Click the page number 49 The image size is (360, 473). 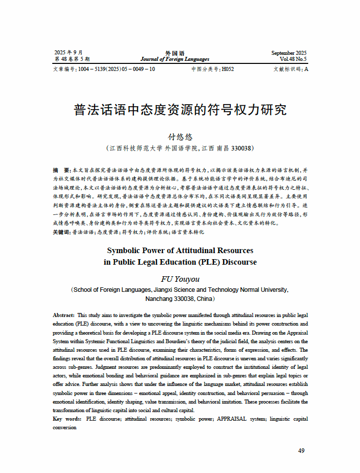pyautogui.click(x=301, y=450)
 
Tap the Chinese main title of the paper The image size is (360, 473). pyautogui.click(x=180, y=110)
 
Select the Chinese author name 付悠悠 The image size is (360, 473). pyautogui.click(x=180, y=137)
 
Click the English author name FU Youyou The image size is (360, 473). pyautogui.click(x=180, y=279)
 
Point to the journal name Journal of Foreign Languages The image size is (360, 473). pyautogui.click(x=175, y=59)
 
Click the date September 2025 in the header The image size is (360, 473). pyautogui.click(x=289, y=53)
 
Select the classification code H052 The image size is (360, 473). pyautogui.click(x=228, y=69)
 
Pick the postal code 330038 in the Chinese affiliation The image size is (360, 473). pyautogui.click(x=240, y=148)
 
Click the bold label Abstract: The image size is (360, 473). pyautogui.click(x=64, y=315)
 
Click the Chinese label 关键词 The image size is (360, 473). pyautogui.click(x=61, y=232)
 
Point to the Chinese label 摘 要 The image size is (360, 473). pyautogui.click(x=61, y=171)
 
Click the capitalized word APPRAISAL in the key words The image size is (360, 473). pyautogui.click(x=232, y=419)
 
